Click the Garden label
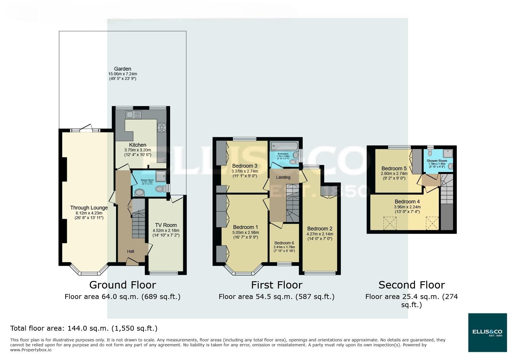(x=122, y=69)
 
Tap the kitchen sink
(x=133, y=114)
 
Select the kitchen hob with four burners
(x=162, y=128)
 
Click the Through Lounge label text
(x=89, y=208)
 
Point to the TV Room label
(x=166, y=225)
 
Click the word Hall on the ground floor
(x=131, y=251)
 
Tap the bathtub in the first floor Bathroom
(x=284, y=145)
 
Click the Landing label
(x=283, y=177)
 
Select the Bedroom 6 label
(x=284, y=243)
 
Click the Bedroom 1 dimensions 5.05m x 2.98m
(x=245, y=232)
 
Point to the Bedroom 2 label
(x=320, y=229)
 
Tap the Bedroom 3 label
(x=245, y=166)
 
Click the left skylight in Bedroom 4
(x=390, y=223)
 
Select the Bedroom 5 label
(x=394, y=169)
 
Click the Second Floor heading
(x=411, y=285)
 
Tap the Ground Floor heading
(x=122, y=285)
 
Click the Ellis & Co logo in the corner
(x=487, y=332)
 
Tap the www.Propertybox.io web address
(x=31, y=350)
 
